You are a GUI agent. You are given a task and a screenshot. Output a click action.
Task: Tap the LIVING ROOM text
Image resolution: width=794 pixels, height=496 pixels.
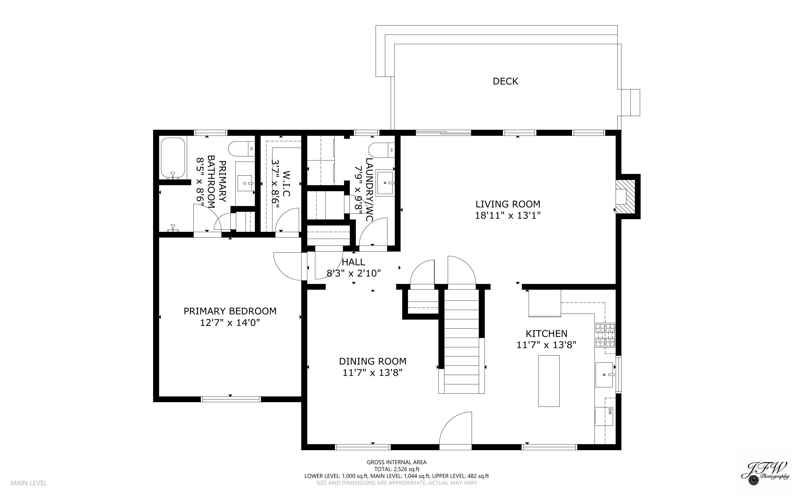(508, 204)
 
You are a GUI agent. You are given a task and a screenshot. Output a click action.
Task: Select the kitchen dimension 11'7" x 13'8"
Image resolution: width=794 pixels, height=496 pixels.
(546, 345)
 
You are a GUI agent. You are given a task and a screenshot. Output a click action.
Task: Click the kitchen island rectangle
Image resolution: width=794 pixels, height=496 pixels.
(548, 381)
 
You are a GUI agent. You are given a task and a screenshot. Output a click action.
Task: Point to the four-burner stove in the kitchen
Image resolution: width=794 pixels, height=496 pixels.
(605, 335)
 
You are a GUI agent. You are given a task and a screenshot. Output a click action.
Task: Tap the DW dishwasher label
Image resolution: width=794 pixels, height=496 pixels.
(610, 411)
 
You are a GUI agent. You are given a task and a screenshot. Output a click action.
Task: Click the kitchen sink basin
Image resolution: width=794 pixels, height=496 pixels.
(604, 375)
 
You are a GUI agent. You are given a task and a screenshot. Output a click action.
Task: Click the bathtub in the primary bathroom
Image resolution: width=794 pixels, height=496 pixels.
(173, 158)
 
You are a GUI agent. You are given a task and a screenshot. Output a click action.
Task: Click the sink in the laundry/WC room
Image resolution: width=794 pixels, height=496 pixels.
(384, 183)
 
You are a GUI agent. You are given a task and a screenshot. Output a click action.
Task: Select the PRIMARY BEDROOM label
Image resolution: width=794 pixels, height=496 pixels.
(230, 311)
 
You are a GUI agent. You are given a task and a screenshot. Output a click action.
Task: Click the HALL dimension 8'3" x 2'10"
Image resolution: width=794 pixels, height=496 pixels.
(354, 273)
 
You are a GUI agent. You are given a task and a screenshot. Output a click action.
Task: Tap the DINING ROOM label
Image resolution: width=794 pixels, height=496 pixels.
(373, 361)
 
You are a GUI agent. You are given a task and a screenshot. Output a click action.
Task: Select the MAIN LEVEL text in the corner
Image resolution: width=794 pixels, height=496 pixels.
(29, 483)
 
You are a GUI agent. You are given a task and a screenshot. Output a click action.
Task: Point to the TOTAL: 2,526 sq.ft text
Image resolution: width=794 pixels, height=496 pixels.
(396, 469)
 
